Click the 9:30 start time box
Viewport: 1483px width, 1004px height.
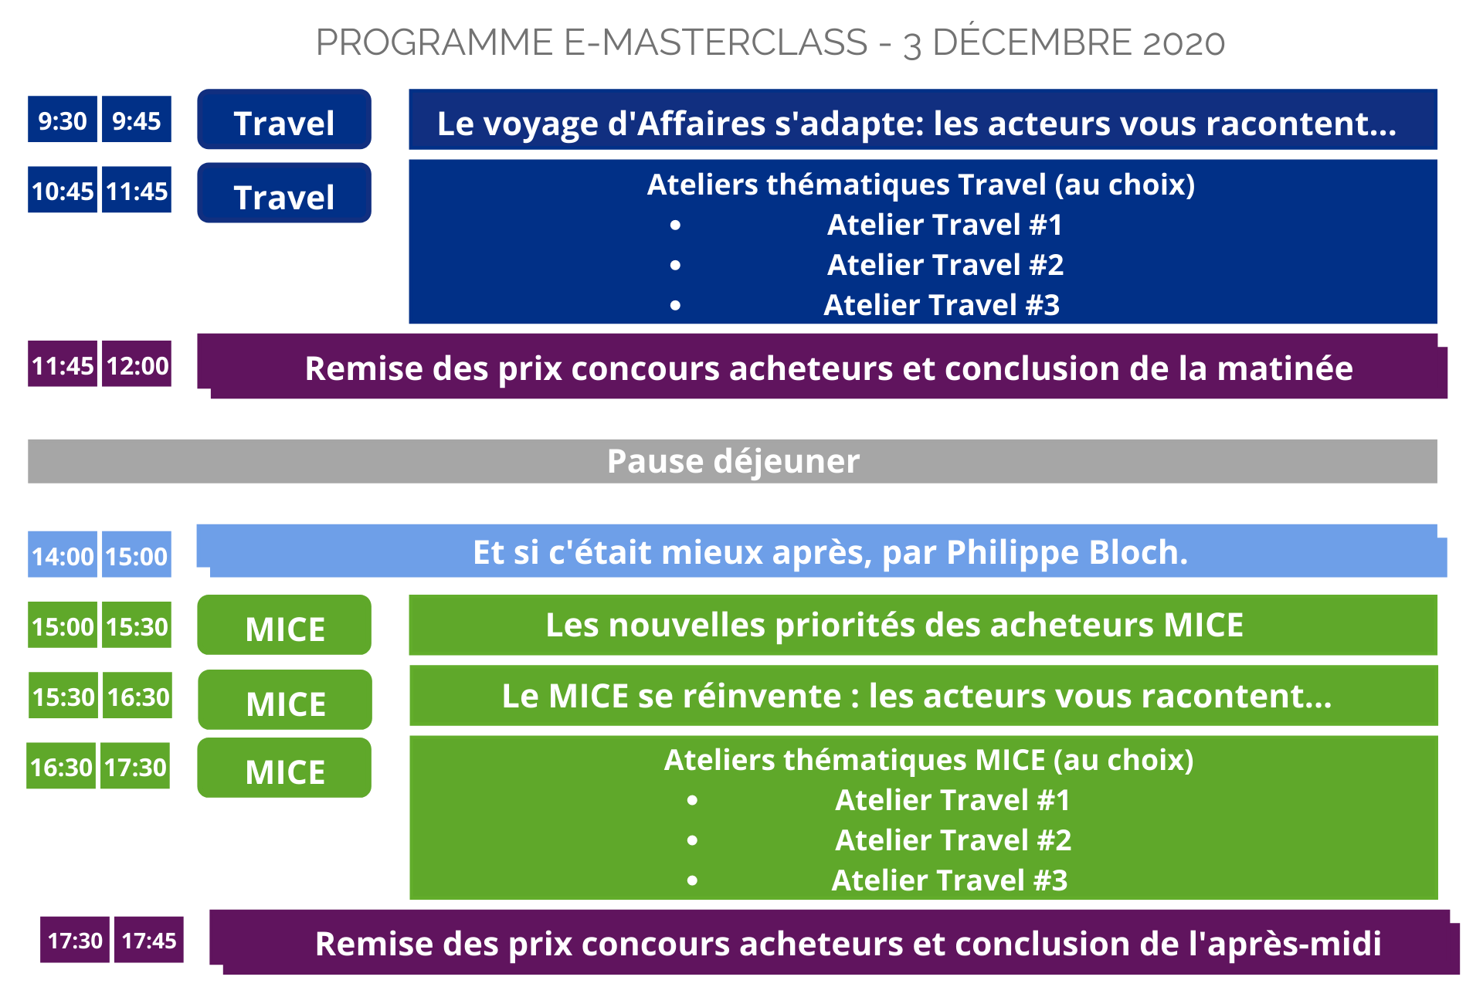pyautogui.click(x=63, y=120)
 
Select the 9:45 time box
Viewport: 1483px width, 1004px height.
pyautogui.click(x=137, y=120)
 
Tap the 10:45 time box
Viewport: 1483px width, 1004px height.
pyautogui.click(x=63, y=190)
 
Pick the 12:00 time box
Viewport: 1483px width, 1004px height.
pyautogui.click(x=137, y=364)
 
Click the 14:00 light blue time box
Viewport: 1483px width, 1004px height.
pyautogui.click(x=63, y=555)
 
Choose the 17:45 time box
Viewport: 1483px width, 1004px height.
pyautogui.click(x=149, y=939)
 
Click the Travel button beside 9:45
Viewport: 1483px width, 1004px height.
pyautogui.click(x=284, y=120)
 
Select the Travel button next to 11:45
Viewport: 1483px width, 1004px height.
pyautogui.click(x=284, y=193)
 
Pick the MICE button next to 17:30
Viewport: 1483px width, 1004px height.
pyautogui.click(x=284, y=768)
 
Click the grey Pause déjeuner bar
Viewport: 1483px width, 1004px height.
pyautogui.click(x=732, y=461)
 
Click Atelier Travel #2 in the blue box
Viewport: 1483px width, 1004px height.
pyautogui.click(x=945, y=265)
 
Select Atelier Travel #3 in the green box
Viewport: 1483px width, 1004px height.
pyautogui.click(x=949, y=880)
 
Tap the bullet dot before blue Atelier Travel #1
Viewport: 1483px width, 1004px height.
pyautogui.click(x=676, y=226)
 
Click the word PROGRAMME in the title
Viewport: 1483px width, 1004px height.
pyautogui.click(x=435, y=42)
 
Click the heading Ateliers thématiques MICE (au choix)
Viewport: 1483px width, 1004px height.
pyautogui.click(x=929, y=761)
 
